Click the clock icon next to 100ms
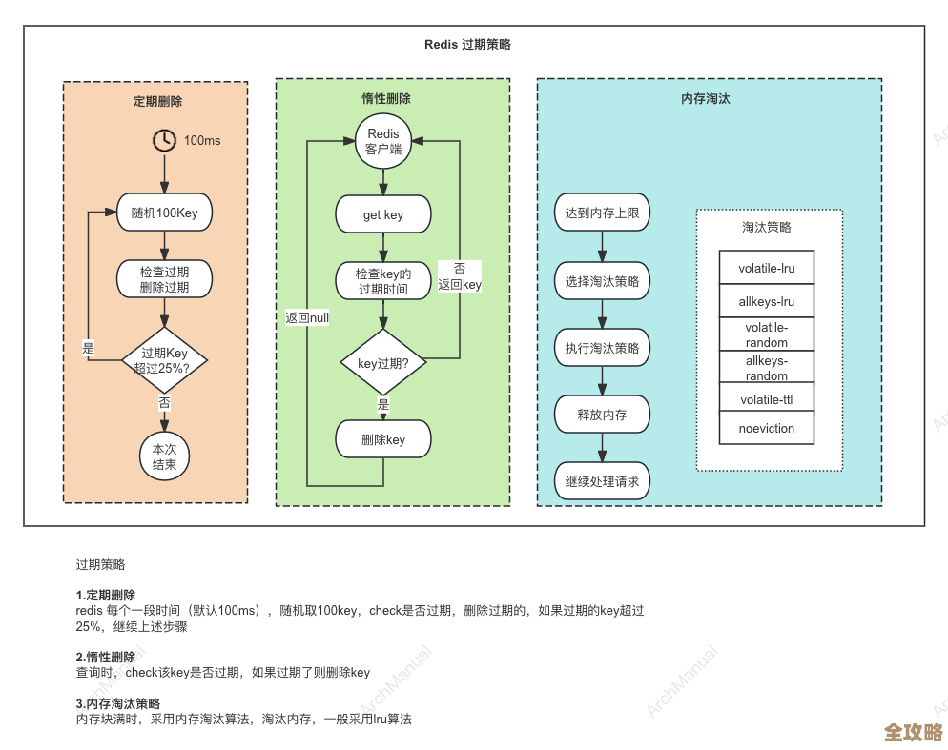[165, 140]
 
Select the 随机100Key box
[164, 213]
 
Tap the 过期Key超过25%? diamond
[165, 360]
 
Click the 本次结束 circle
[165, 456]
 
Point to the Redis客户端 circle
[383, 142]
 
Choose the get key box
[383, 214]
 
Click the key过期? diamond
[383, 362]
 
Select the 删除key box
[383, 439]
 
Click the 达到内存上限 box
[602, 213]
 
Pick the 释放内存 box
[602, 415]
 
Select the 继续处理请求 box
[602, 481]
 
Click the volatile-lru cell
[767, 269]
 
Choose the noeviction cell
[767, 428]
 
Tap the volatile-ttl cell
[767, 399]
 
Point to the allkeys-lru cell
[767, 302]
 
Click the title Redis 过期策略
[467, 45]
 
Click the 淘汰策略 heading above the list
[767, 228]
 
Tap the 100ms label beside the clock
[202, 141]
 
